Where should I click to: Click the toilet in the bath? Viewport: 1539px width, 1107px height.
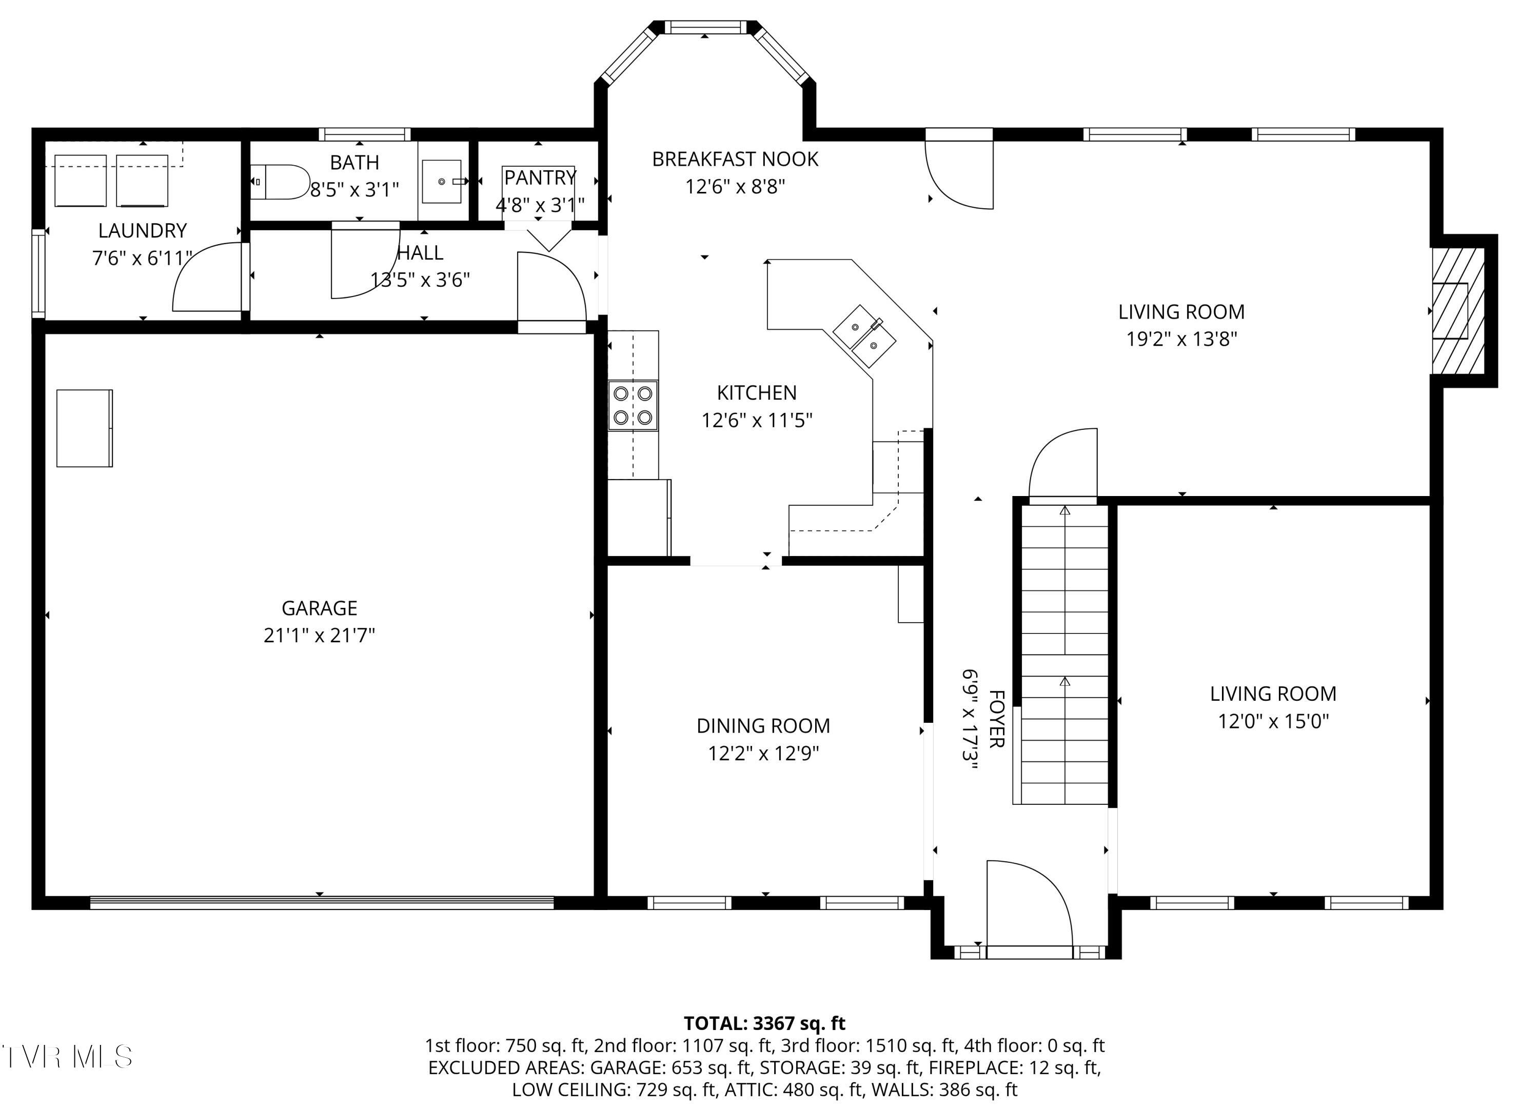click(x=280, y=182)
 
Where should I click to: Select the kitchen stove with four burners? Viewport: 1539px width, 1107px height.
click(x=633, y=405)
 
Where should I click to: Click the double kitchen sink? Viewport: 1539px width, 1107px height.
click(x=864, y=336)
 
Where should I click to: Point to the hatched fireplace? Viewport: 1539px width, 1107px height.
click(x=1457, y=310)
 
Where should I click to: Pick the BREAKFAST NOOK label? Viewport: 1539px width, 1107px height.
click(x=735, y=159)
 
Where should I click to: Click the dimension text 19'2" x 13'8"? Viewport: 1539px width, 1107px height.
click(x=1181, y=339)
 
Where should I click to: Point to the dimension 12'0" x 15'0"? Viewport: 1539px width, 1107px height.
click(x=1273, y=721)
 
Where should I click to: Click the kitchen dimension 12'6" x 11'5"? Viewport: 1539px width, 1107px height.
click(x=757, y=420)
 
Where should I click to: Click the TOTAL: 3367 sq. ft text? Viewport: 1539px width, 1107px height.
click(x=764, y=1023)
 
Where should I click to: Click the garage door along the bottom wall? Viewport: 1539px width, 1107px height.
click(x=322, y=903)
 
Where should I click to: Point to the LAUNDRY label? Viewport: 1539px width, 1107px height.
click(x=143, y=231)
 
